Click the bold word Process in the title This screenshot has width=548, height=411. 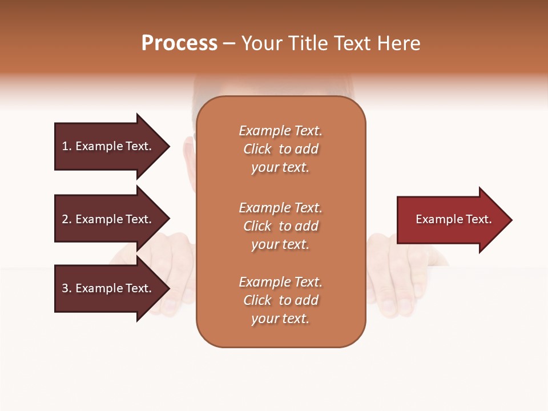[x=179, y=43]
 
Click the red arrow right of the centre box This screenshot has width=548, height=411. [x=451, y=220]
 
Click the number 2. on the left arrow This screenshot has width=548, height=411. [x=67, y=219]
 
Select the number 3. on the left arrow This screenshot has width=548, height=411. [x=67, y=288]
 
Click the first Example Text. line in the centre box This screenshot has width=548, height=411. [x=280, y=131]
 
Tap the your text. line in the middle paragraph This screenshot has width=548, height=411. [x=280, y=244]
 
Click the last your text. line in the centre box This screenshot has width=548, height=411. [x=280, y=319]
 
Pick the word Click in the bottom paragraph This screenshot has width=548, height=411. [x=257, y=300]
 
